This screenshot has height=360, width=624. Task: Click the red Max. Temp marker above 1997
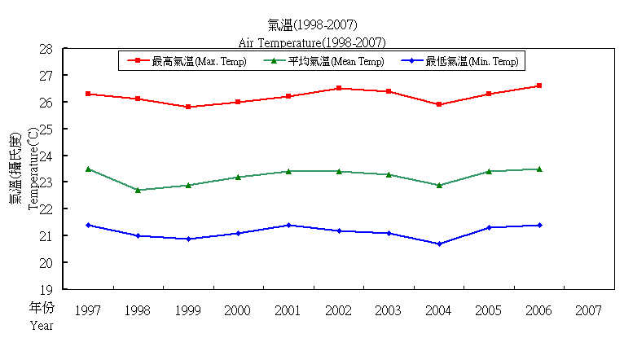88,94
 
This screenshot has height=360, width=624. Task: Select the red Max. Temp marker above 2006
539,86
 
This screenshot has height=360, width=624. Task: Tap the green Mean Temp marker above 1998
138,190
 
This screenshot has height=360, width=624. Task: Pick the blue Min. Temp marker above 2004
439,244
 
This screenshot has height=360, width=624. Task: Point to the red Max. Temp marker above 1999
188,107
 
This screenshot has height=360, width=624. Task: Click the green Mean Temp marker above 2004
439,185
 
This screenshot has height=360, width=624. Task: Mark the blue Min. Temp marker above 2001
288,225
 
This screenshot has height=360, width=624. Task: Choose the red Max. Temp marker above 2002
339,88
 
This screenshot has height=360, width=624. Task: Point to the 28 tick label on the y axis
46,49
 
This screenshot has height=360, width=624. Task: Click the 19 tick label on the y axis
46,289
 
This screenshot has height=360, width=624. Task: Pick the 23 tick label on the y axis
46,182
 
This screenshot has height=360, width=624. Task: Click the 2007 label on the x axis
589,310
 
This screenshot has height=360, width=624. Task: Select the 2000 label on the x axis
238,310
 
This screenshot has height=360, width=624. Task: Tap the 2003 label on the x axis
389,310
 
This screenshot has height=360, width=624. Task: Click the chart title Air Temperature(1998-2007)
312,42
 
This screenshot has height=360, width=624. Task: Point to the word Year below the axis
42,326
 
